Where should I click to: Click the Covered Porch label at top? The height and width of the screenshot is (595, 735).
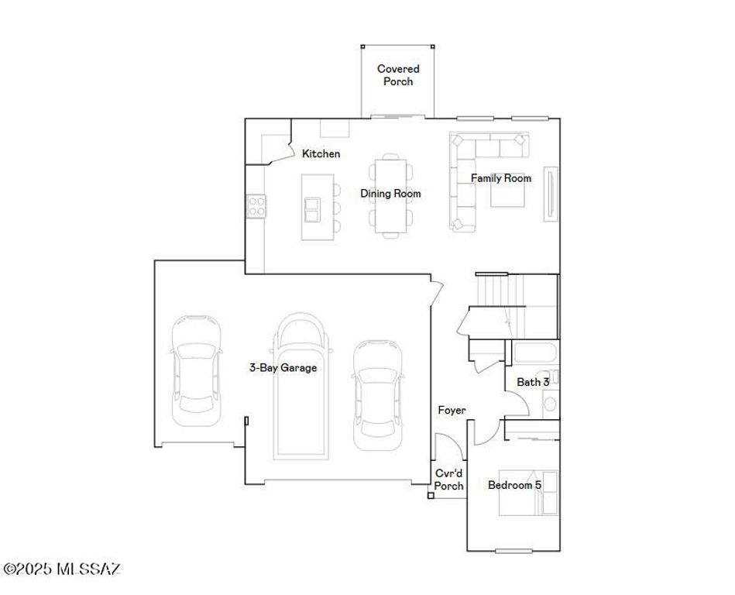pos(398,75)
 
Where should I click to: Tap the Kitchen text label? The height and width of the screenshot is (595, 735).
pos(321,154)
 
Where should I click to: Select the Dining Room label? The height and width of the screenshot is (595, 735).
pos(390,194)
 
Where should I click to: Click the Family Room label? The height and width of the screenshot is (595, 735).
pos(501,178)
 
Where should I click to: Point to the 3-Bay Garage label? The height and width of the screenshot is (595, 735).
pos(283,368)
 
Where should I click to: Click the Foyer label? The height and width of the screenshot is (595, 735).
pos(452,410)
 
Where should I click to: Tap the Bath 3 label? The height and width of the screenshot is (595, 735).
pos(533,382)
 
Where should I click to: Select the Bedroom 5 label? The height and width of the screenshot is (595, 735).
pos(514,486)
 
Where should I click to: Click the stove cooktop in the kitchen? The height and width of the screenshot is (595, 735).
pos(256,205)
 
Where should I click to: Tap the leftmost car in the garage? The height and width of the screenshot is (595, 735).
pos(194,370)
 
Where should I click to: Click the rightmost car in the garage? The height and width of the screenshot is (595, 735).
pos(378,396)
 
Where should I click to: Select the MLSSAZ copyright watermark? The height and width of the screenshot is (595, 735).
pos(62,569)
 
